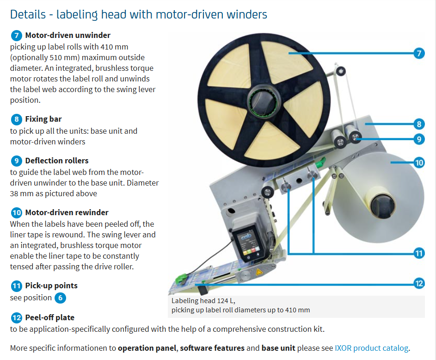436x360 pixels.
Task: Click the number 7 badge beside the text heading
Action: pyautogui.click(x=16, y=36)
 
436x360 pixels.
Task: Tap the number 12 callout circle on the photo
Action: pyautogui.click(x=418, y=283)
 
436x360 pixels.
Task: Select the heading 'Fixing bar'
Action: pyautogui.click(x=43, y=119)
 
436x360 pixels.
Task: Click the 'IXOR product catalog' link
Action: pyautogui.click(x=372, y=348)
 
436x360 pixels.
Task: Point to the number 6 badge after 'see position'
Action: pyautogui.click(x=60, y=298)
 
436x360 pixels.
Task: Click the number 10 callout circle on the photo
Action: pyautogui.click(x=418, y=162)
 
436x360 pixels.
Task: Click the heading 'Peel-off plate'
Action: pyautogui.click(x=49, y=318)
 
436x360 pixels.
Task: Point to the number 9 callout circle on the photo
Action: pyautogui.click(x=418, y=138)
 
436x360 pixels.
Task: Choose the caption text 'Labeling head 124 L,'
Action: pyautogui.click(x=203, y=300)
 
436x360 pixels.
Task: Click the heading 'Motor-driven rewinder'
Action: pyautogui.click(x=67, y=213)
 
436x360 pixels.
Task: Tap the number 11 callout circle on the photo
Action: pyautogui.click(x=418, y=253)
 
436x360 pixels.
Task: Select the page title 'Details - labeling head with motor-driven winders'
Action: pyautogui.click(x=139, y=14)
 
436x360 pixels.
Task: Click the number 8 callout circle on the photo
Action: pyautogui.click(x=418, y=124)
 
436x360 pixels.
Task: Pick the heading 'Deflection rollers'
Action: pyautogui.click(x=57, y=161)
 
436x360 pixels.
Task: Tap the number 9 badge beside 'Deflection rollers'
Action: pyautogui.click(x=16, y=161)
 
